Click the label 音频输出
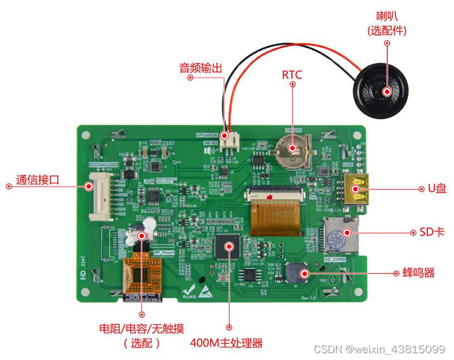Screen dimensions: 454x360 201,68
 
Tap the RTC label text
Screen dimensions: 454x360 292,75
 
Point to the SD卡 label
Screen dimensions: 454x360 433,232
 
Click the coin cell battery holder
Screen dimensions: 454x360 293,148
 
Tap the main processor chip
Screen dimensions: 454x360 229,246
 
